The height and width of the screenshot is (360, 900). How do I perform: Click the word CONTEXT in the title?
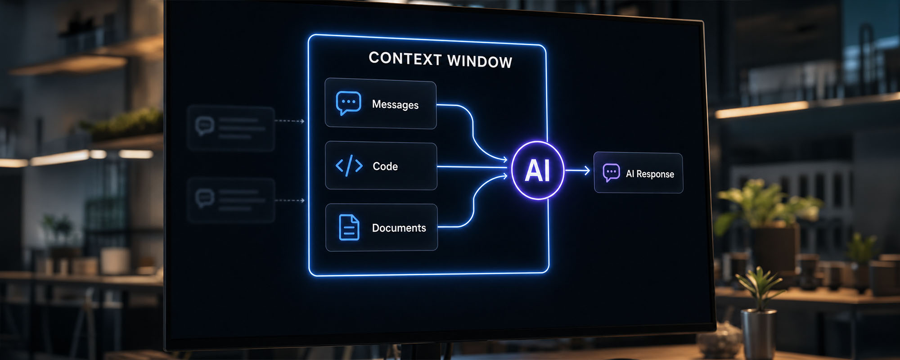[405, 58]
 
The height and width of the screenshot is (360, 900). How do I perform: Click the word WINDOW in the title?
[480, 61]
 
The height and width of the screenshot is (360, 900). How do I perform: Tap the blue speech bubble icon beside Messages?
[348, 103]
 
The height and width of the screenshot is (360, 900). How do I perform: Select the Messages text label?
[395, 104]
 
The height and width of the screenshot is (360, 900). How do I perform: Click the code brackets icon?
[349, 166]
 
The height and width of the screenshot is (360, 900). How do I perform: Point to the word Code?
[385, 166]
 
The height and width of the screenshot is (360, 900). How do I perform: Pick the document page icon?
[349, 227]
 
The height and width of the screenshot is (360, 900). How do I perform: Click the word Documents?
[399, 228]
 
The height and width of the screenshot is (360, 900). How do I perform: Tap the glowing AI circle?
[538, 171]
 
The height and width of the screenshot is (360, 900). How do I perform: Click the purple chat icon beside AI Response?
[611, 173]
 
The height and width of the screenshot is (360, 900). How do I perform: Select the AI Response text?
[650, 174]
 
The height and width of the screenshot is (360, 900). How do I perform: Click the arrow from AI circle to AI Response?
[577, 171]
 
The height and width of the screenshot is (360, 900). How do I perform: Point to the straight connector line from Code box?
[472, 167]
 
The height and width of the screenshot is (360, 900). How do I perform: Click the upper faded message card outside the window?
[231, 128]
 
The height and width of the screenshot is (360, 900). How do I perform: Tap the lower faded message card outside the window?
[231, 200]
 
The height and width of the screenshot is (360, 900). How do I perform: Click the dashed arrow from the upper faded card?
[289, 121]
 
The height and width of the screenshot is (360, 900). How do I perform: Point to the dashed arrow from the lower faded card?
[289, 200]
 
